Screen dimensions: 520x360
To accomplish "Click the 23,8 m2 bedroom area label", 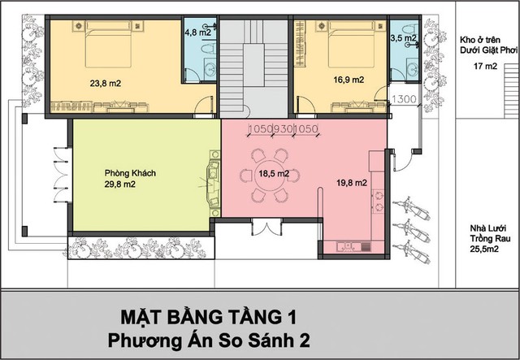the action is (x=105, y=83).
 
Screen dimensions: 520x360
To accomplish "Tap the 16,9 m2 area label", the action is (x=349, y=80).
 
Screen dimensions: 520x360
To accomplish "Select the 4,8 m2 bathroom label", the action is (x=198, y=33).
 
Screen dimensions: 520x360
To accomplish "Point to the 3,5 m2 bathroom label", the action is (x=403, y=38).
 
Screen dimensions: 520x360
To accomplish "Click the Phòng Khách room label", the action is (x=130, y=173).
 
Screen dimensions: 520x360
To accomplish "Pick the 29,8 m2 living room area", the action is (x=120, y=184).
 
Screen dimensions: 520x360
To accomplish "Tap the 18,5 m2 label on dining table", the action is (x=274, y=174).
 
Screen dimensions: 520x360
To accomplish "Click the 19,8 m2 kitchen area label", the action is (x=352, y=183).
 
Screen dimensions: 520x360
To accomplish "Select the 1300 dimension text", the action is (x=404, y=99).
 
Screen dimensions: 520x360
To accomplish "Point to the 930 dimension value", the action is (x=283, y=128).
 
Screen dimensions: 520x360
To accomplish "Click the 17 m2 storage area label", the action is (x=486, y=66).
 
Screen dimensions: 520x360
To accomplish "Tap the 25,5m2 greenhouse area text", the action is (x=484, y=249).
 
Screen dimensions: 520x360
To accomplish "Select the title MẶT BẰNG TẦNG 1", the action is (x=208, y=317).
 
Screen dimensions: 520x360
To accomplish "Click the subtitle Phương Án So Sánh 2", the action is (x=209, y=340).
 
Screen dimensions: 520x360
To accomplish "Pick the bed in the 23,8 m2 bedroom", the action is (x=108, y=44).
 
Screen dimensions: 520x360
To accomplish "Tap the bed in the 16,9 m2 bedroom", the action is (x=351, y=44).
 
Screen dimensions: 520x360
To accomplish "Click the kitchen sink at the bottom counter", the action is (x=348, y=246).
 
